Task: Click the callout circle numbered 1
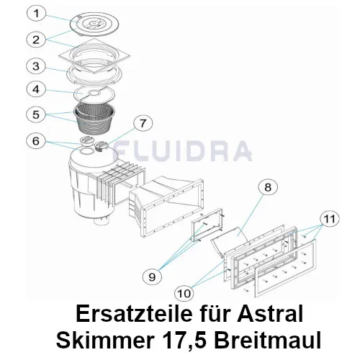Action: [x=36, y=14]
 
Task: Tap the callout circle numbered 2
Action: [x=36, y=40]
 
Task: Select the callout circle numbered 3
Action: [x=36, y=66]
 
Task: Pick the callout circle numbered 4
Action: [x=36, y=89]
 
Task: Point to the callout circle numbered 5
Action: [x=36, y=114]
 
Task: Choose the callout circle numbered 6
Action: [x=36, y=141]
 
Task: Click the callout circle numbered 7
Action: [x=143, y=124]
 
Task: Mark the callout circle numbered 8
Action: [x=268, y=187]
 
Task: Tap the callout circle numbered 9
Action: [x=152, y=276]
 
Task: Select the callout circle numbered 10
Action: [x=184, y=293]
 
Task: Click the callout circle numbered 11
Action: [x=330, y=219]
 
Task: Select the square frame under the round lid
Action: [x=94, y=56]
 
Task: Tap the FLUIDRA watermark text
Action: [x=182, y=150]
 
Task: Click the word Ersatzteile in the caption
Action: [x=134, y=314]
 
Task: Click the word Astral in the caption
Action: [x=270, y=314]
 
